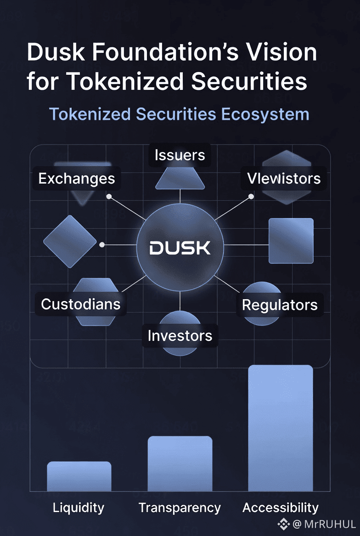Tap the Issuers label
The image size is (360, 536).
click(x=180, y=155)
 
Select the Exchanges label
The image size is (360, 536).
click(x=77, y=179)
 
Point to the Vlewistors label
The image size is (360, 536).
click(x=284, y=179)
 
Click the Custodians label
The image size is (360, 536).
click(x=81, y=304)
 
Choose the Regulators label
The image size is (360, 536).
click(x=280, y=305)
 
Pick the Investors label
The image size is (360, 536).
click(x=180, y=335)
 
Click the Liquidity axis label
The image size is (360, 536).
click(x=79, y=508)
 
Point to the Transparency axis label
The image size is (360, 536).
click(x=180, y=508)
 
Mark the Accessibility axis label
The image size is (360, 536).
click(x=281, y=508)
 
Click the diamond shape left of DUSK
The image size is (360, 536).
click(x=70, y=241)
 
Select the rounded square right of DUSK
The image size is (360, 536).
click(x=291, y=240)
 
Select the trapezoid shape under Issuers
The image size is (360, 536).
click(x=180, y=179)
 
